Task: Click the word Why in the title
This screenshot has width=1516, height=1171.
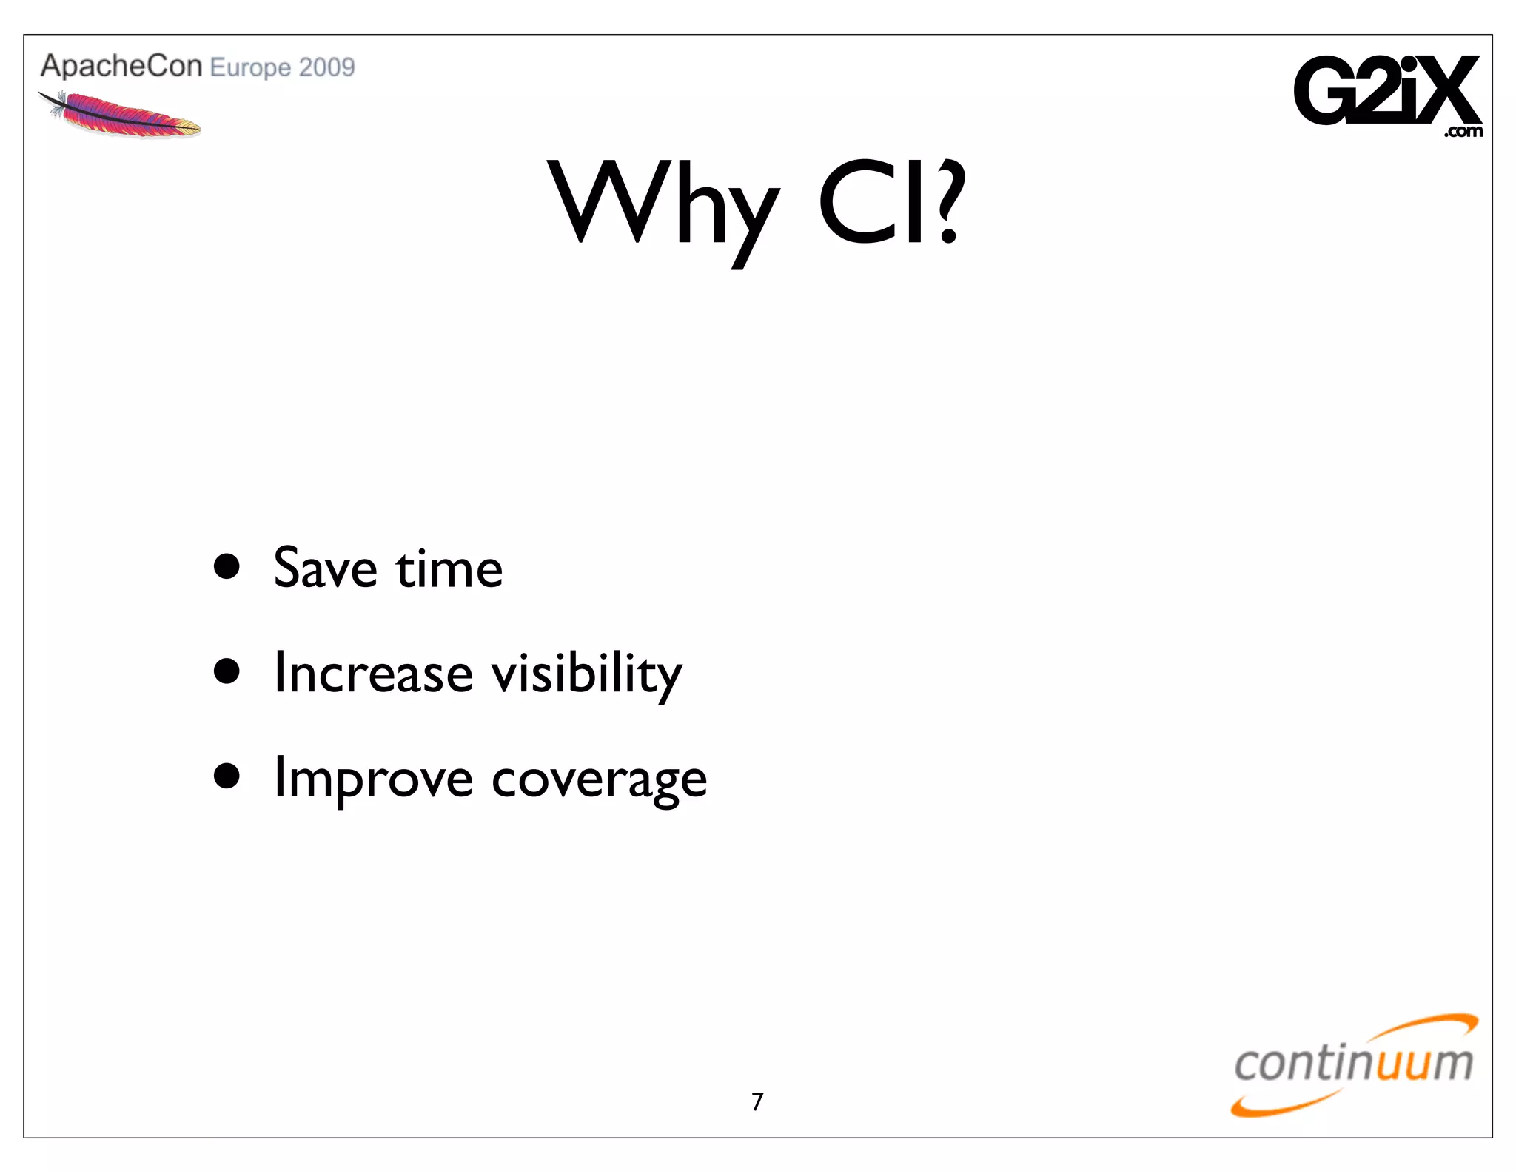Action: (x=663, y=204)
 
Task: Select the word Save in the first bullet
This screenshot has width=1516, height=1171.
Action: (x=325, y=568)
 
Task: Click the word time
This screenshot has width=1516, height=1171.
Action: (x=449, y=568)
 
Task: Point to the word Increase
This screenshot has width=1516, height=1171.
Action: (x=372, y=673)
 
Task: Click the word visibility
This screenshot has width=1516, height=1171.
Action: (x=586, y=674)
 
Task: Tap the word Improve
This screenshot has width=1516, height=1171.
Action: (x=372, y=779)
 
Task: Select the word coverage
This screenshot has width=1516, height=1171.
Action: (x=599, y=781)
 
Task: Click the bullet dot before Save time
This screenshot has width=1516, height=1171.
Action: (x=227, y=566)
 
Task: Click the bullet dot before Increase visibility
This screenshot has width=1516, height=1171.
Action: (x=227, y=671)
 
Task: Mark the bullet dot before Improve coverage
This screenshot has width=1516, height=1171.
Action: (x=227, y=776)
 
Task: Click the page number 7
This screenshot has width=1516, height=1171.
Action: (x=757, y=1102)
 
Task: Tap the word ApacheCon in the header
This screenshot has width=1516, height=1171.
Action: (x=121, y=66)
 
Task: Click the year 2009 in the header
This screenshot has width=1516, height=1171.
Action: (x=327, y=67)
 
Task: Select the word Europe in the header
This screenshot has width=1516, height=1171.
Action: (x=250, y=68)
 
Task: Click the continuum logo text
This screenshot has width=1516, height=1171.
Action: (x=1353, y=1064)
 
